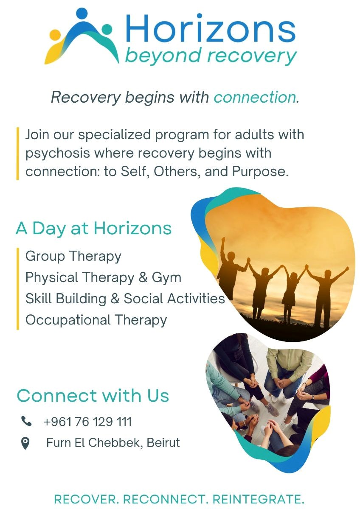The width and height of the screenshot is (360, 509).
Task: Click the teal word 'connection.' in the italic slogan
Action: [256, 97]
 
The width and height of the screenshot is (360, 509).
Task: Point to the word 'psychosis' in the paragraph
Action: [58, 154]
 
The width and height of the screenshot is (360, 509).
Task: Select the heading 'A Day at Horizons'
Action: [94, 228]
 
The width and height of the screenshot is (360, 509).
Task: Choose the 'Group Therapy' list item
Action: [73, 257]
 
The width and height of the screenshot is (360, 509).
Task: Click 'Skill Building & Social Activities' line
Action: [125, 298]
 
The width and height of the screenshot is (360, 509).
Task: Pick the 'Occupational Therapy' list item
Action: [96, 320]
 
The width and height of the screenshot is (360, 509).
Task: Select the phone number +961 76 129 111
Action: [87, 422]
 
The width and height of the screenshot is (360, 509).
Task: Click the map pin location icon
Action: [25, 443]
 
